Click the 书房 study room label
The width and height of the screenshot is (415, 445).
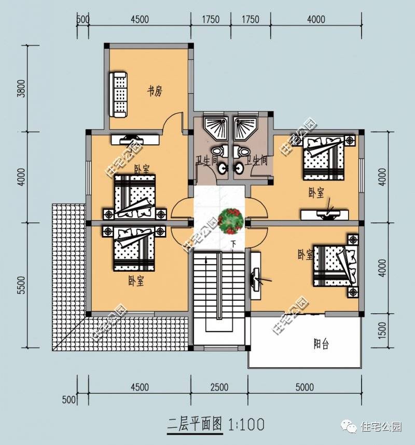click(x=155, y=92)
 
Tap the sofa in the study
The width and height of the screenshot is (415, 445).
click(x=119, y=94)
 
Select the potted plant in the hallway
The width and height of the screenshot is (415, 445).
click(x=231, y=220)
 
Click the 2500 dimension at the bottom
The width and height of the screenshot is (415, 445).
click(x=219, y=387)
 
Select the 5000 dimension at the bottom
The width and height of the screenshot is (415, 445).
click(x=303, y=387)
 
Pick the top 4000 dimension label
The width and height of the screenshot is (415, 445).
click(x=316, y=20)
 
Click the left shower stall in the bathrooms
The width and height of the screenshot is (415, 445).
click(x=215, y=127)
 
